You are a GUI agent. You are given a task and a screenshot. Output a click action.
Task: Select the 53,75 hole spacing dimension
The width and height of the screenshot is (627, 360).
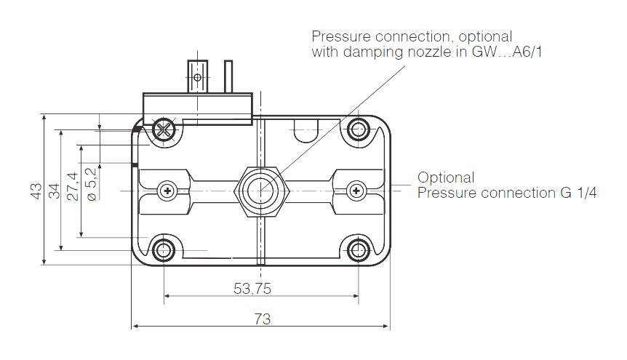point(252,288)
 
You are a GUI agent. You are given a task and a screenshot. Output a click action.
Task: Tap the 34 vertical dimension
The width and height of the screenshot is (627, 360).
point(55,191)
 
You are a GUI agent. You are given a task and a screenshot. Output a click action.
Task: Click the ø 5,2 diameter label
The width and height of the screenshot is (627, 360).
point(91,185)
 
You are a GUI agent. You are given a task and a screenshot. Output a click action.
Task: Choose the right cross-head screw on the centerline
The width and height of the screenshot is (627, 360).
point(356,191)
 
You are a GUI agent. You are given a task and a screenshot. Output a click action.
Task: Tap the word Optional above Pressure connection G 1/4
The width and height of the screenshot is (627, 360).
point(446,177)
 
